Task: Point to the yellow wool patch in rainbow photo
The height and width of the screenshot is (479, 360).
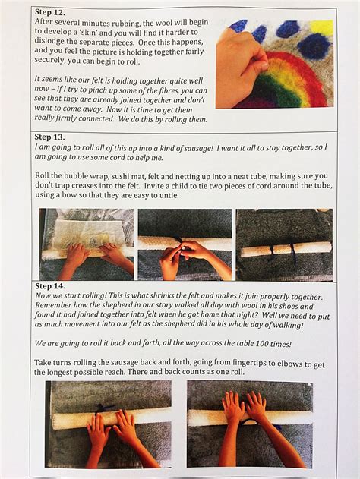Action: [321, 29]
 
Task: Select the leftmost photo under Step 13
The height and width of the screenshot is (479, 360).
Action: [86, 243]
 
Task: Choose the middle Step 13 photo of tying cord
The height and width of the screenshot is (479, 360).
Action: [185, 243]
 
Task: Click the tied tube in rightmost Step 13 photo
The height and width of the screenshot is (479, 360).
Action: [285, 248]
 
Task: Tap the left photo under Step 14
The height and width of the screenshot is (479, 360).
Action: [108, 423]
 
